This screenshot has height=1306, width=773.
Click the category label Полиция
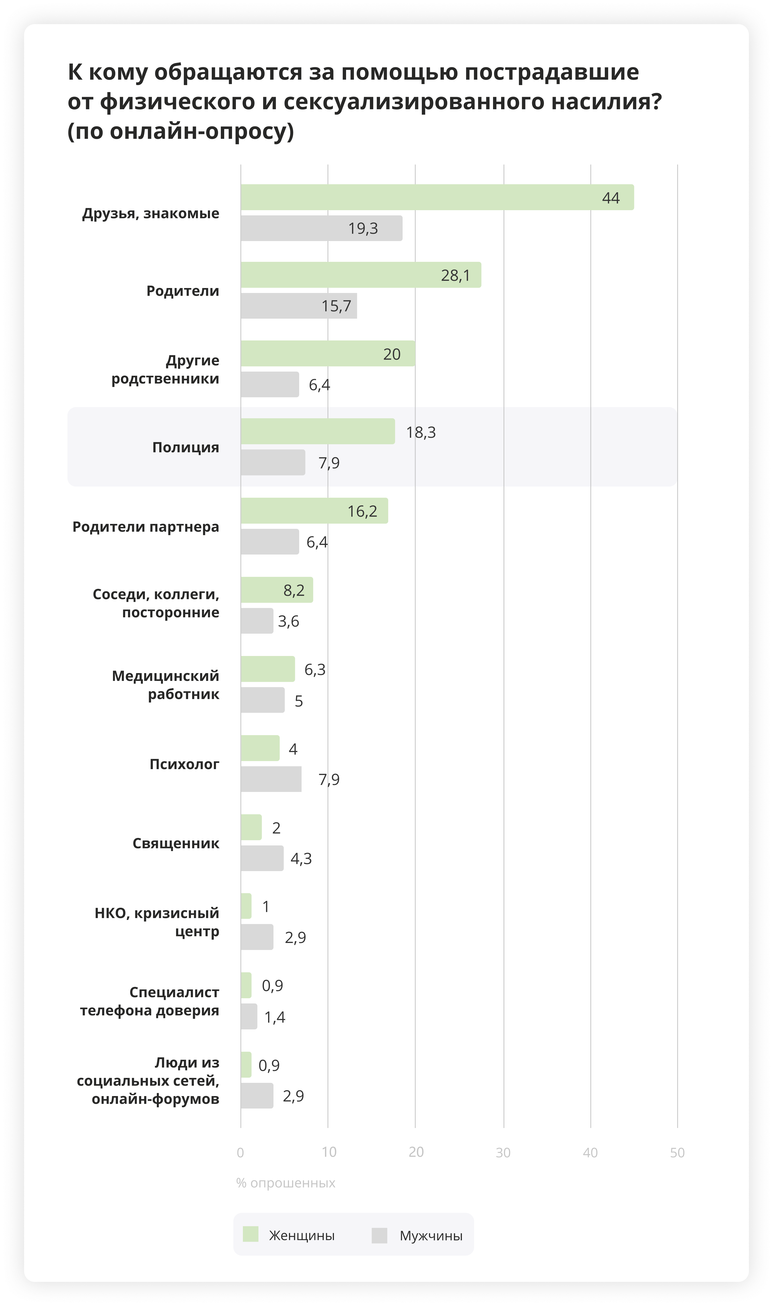click(x=185, y=447)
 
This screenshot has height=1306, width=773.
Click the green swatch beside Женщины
click(x=251, y=1235)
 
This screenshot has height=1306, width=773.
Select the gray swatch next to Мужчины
click(x=379, y=1235)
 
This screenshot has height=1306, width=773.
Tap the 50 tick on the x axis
click(x=677, y=1152)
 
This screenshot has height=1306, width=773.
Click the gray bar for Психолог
click(x=271, y=779)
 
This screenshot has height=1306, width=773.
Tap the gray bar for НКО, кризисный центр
click(x=257, y=937)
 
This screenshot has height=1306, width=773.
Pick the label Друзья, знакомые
click(x=151, y=213)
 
